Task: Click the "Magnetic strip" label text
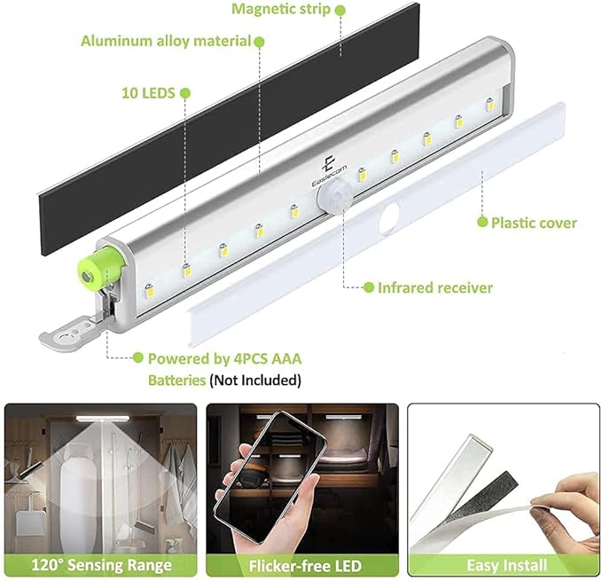[x=281, y=9]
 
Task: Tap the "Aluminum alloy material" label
[x=166, y=41]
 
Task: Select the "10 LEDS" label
[x=148, y=93]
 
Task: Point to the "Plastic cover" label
[x=534, y=223]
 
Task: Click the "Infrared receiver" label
[x=435, y=287]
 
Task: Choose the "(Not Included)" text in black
[x=255, y=381]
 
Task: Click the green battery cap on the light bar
[x=102, y=268]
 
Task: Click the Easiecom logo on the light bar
[x=329, y=172]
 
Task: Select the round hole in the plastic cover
[x=389, y=217]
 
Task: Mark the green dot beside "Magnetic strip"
[x=340, y=11]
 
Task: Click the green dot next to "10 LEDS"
[x=185, y=93]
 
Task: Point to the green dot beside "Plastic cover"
[x=482, y=222]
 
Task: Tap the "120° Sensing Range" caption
[x=101, y=565]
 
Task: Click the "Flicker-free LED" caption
[x=305, y=566]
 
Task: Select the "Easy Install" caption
[x=507, y=565]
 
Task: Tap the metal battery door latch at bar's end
[x=74, y=330]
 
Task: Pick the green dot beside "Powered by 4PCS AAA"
[x=137, y=357]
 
